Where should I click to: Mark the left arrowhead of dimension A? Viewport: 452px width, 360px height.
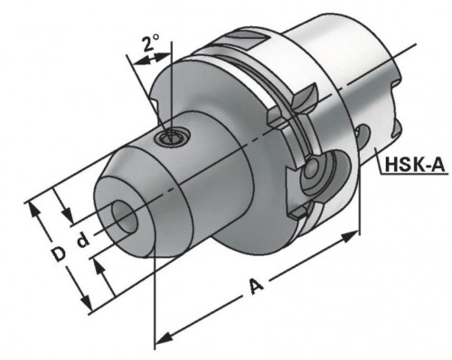pos(161,339)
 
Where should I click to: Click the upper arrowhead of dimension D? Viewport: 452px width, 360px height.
pos(37,205)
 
